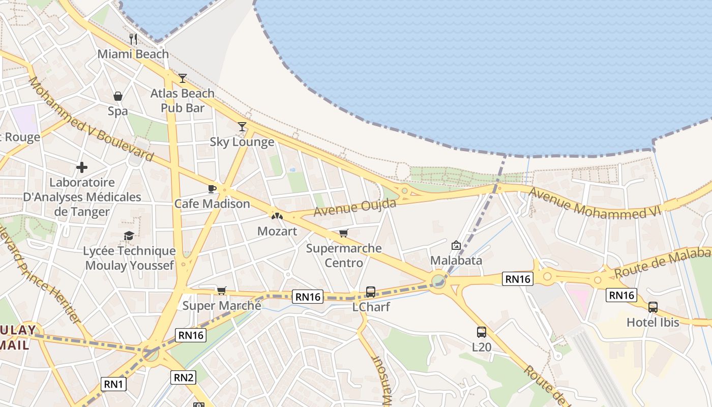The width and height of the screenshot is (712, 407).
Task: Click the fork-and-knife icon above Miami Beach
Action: pos(133,39)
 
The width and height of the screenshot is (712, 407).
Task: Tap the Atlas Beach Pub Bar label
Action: pos(183,100)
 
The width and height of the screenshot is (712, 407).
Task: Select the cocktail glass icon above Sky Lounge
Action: pos(242,127)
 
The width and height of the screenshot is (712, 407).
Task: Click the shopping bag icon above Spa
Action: pos(118,96)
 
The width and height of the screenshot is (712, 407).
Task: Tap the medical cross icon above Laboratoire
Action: pos(81,167)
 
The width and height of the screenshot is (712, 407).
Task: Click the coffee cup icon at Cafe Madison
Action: pos(212,189)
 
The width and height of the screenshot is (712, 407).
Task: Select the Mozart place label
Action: pos(277,231)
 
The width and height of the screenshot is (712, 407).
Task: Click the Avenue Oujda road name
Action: pos(354,207)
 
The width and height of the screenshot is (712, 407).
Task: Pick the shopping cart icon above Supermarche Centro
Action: pos(344,234)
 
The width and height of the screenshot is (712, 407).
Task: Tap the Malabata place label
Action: pos(456,260)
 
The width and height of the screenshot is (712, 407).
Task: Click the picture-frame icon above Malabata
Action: pos(456,246)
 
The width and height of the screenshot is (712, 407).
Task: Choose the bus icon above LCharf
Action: pos(371,292)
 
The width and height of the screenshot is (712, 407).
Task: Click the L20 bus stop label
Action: pos(481,347)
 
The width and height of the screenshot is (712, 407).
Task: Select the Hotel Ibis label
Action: pos(652,322)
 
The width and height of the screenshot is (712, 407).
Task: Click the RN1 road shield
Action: pos(113,384)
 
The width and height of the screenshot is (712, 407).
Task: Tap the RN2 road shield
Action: pos(184,377)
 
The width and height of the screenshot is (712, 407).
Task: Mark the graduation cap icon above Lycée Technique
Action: pos(129,236)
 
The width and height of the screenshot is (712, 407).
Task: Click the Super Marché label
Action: pos(222,306)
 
